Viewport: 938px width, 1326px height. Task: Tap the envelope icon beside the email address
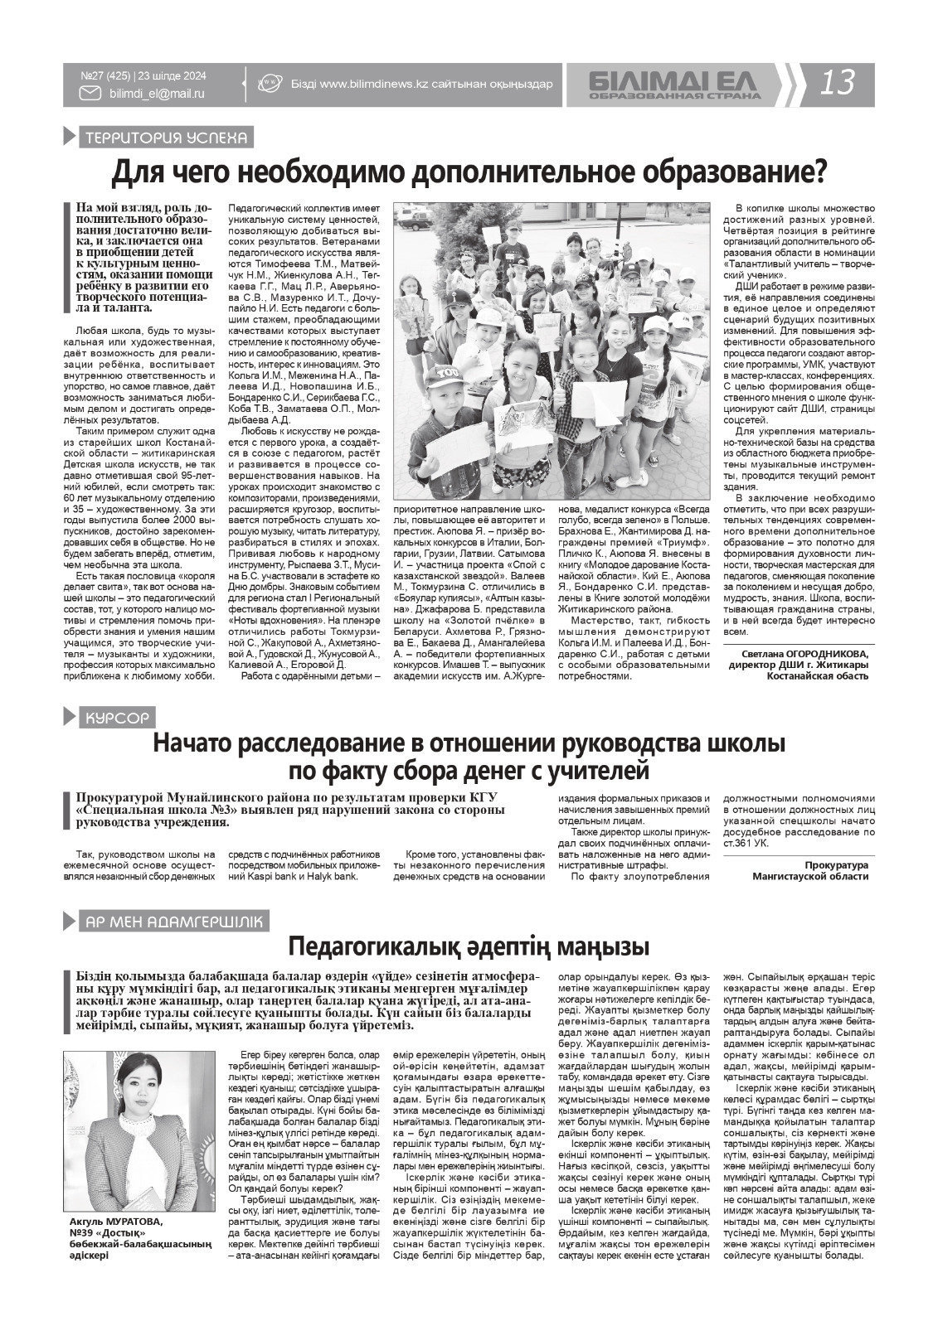click(x=90, y=94)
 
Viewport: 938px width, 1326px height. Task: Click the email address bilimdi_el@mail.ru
click(x=157, y=94)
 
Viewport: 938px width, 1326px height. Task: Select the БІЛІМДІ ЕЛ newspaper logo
click(x=674, y=80)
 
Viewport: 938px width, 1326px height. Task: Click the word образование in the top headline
click(x=732, y=172)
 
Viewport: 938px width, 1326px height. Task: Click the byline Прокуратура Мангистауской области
click(x=810, y=870)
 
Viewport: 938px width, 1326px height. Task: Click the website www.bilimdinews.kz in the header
click(x=373, y=84)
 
